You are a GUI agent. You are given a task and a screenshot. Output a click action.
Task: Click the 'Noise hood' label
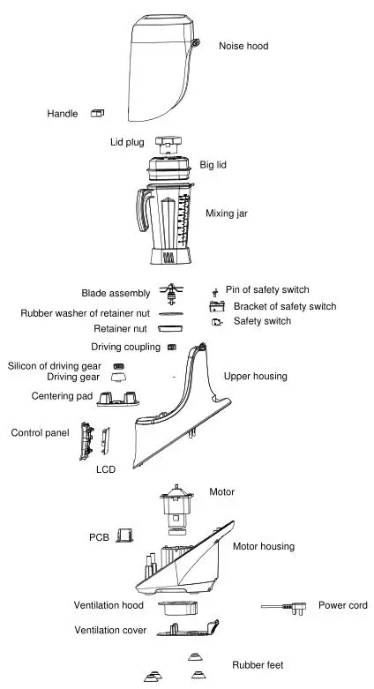tap(243, 46)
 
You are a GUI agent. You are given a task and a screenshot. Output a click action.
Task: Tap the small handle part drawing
tap(98, 113)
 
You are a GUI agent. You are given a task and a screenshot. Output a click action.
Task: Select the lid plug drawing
tap(168, 142)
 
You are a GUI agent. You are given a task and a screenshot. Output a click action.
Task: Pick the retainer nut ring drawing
tap(171, 326)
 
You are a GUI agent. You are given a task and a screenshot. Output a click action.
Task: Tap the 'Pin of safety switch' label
tap(267, 289)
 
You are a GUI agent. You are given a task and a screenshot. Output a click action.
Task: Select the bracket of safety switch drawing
tap(216, 307)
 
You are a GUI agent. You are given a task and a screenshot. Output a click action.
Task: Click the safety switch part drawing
tap(217, 323)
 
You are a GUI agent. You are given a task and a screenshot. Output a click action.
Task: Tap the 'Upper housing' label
tap(255, 377)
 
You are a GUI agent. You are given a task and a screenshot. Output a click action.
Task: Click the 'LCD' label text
tap(106, 469)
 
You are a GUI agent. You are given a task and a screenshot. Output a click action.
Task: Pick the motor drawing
tap(174, 509)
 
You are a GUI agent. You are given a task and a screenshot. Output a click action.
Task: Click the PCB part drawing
tap(125, 535)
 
